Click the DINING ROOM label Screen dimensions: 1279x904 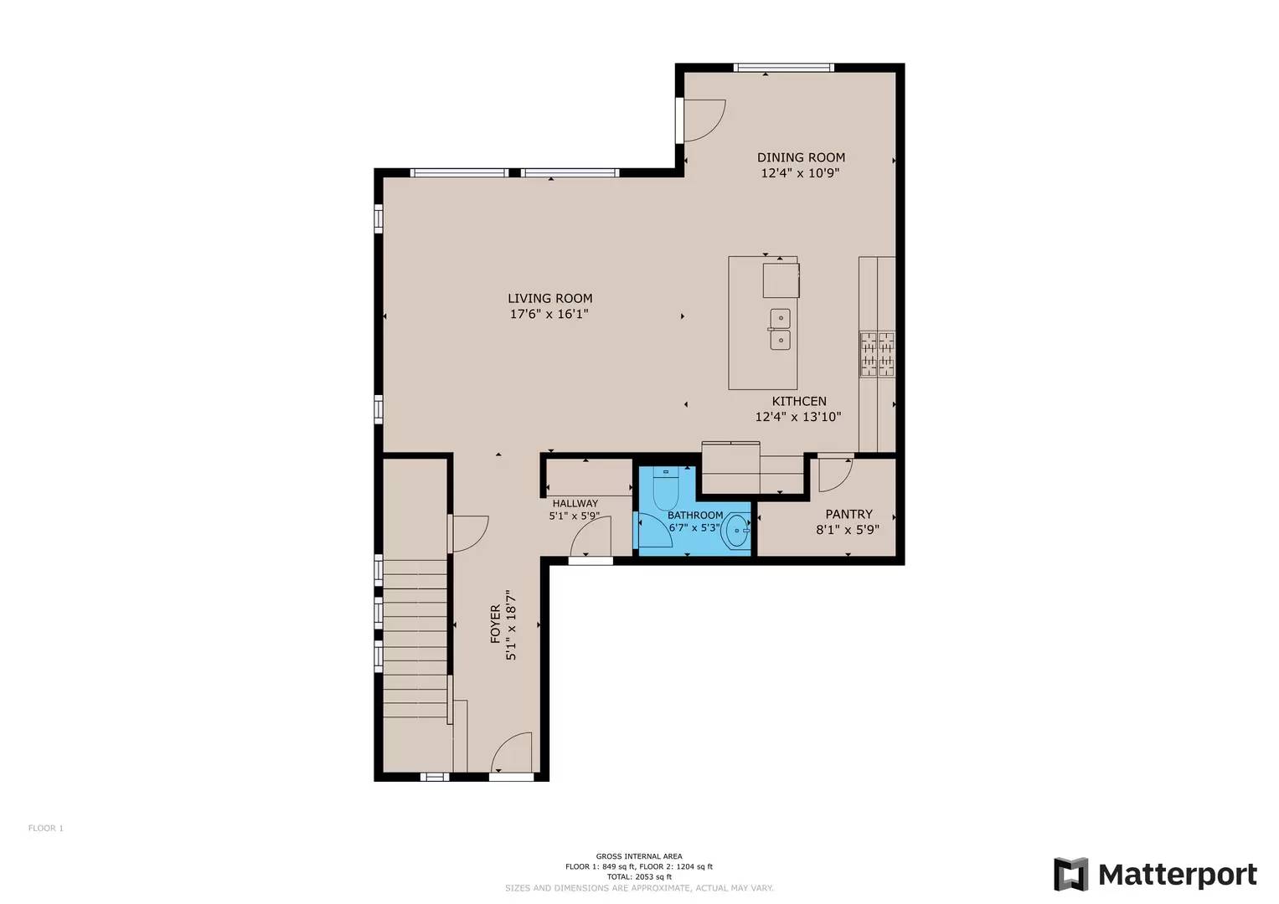pos(801,157)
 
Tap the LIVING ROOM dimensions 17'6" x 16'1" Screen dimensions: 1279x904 pos(549,314)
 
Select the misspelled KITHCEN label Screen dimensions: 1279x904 pos(799,401)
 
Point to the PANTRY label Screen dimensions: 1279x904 pos(848,514)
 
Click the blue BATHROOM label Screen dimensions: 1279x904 pos(695,515)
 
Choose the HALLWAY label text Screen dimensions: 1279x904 pos(575,503)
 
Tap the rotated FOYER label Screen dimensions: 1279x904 pos(496,624)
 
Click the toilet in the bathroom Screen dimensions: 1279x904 pos(664,489)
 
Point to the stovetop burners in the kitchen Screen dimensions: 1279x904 pos(878,354)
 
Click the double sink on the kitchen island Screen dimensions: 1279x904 pos(780,329)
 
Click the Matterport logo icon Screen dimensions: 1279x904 pos(1070,874)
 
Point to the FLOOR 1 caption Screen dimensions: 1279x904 pos(46,828)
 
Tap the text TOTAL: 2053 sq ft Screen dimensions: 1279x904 pos(639,876)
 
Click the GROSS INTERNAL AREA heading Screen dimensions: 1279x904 pos(639,856)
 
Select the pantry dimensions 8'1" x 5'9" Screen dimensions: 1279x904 pos(848,530)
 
